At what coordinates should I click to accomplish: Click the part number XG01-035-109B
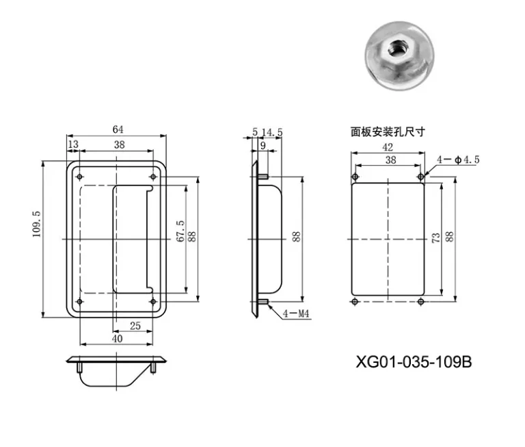click(414, 362)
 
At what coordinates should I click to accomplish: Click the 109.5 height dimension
click(36, 225)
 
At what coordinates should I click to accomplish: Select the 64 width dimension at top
click(118, 129)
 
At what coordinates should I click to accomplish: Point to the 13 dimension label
click(73, 144)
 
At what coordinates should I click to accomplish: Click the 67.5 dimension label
click(180, 231)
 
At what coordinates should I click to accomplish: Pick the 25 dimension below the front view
click(135, 326)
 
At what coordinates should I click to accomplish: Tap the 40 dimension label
click(117, 339)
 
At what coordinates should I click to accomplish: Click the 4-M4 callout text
click(296, 314)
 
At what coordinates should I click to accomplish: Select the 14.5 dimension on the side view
click(272, 132)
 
